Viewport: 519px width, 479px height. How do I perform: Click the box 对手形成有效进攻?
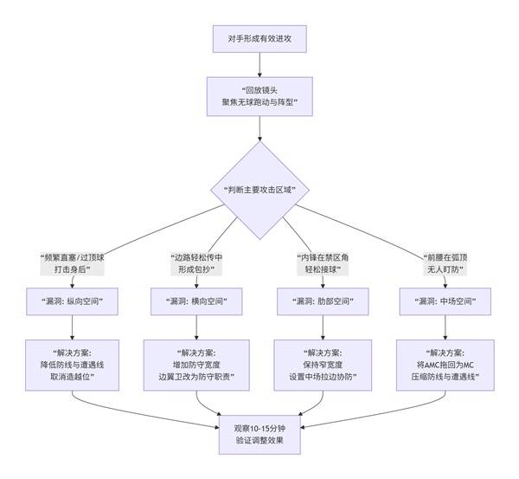click(259, 39)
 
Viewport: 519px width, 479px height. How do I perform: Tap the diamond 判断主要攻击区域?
click(259, 190)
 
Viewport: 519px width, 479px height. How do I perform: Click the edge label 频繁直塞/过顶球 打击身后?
click(72, 263)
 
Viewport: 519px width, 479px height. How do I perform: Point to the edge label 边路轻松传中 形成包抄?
click(198, 263)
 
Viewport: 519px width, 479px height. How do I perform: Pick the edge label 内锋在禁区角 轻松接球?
click(322, 263)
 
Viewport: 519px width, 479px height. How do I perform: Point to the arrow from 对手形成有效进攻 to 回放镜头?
click(259, 65)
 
